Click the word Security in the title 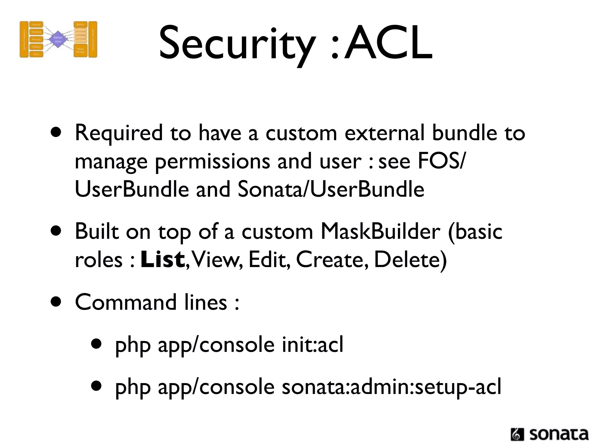click(x=237, y=43)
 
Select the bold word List click(x=162, y=259)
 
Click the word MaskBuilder click(x=380, y=232)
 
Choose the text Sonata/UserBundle click(x=331, y=189)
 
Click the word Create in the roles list click(x=332, y=259)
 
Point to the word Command click(x=126, y=302)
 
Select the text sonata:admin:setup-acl click(x=391, y=387)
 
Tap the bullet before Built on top click(x=56, y=231)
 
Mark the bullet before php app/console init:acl click(x=96, y=344)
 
